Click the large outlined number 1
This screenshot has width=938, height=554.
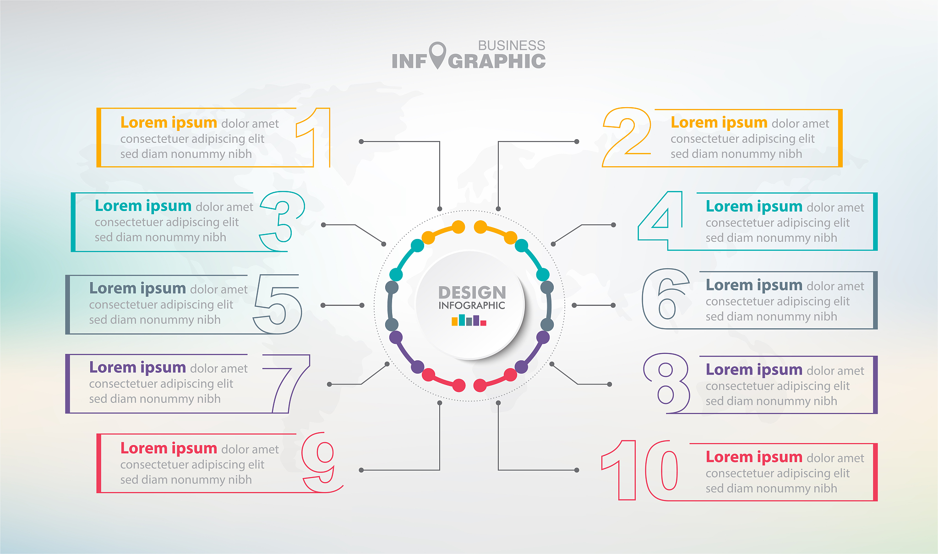322,137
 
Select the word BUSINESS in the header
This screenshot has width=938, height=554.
512,45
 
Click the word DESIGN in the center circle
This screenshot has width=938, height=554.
472,293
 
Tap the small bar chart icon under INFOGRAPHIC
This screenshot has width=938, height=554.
469,320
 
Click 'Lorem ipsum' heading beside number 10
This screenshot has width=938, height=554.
754,457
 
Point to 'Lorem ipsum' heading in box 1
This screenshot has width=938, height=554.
169,123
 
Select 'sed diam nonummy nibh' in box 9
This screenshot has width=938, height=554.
186,480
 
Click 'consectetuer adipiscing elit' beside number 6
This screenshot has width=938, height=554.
777,301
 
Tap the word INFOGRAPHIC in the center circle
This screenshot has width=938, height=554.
472,305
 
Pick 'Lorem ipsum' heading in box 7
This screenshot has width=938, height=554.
137,368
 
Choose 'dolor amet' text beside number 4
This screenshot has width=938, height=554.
835,207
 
